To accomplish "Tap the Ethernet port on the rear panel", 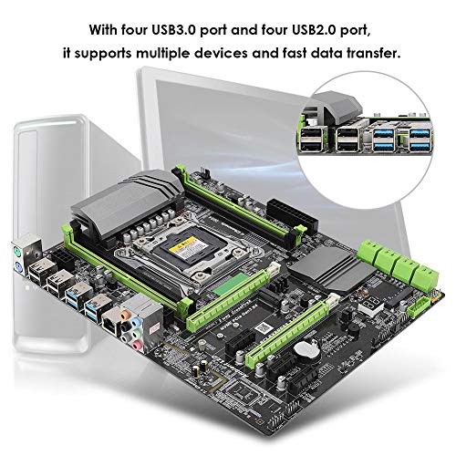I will point(110,318).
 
